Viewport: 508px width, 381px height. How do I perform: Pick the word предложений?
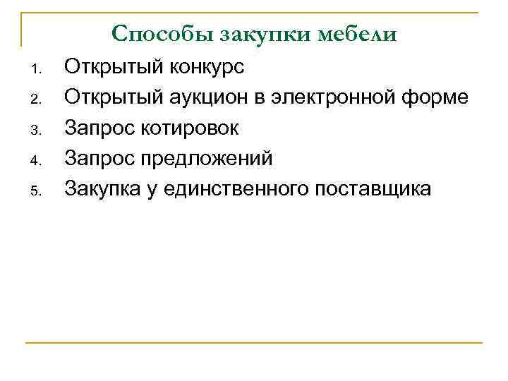coord(211,159)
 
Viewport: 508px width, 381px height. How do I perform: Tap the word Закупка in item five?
coord(106,189)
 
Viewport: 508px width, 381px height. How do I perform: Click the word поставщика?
coord(374,189)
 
